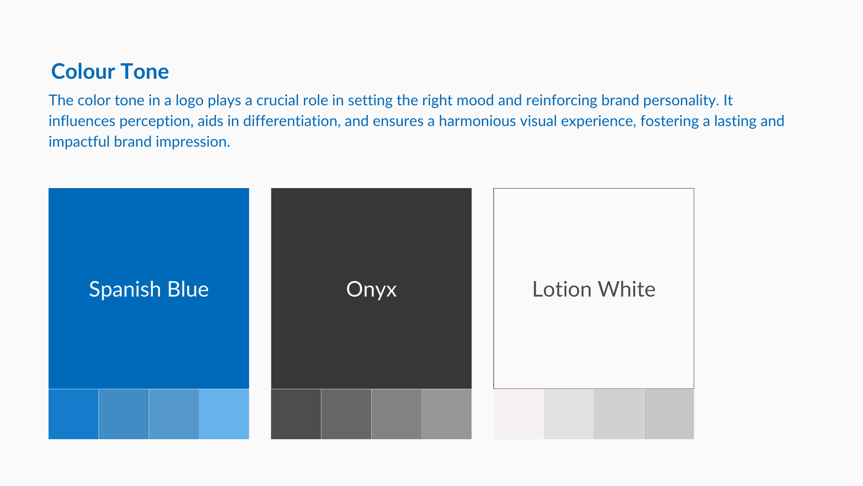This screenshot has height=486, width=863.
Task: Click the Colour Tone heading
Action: pyautogui.click(x=110, y=72)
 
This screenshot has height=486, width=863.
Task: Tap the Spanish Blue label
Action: pyautogui.click(x=149, y=289)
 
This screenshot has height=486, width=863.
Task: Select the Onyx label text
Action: pyautogui.click(x=371, y=290)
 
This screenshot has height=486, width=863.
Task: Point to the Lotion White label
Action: pyautogui.click(x=594, y=289)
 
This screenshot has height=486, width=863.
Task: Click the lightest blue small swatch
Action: pyautogui.click(x=224, y=414)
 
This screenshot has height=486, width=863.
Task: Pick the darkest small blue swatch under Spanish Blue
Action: pyautogui.click(x=73, y=414)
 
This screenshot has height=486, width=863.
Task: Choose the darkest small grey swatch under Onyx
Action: pyautogui.click(x=296, y=414)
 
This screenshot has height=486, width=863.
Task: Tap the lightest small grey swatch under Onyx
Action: pyautogui.click(x=446, y=414)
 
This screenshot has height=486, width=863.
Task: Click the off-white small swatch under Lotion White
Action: pyautogui.click(x=518, y=414)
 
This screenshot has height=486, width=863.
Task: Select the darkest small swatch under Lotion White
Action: pyautogui.click(x=669, y=414)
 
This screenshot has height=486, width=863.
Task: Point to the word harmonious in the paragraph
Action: pyautogui.click(x=477, y=121)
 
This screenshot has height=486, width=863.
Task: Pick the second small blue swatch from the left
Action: pyautogui.click(x=124, y=414)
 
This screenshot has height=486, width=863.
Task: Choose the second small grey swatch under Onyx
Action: pyautogui.click(x=346, y=414)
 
